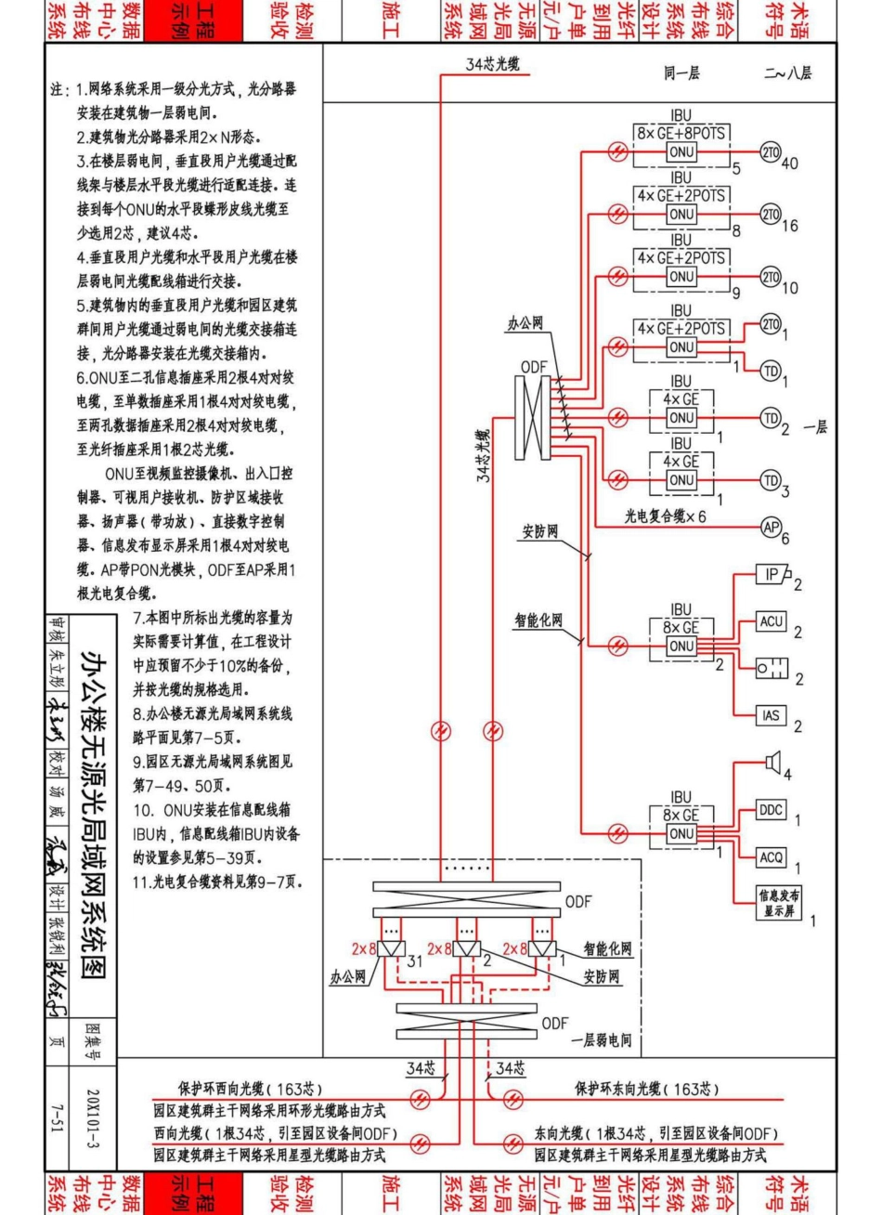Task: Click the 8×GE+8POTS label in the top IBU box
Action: tap(681, 134)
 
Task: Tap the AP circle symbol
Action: tap(770, 526)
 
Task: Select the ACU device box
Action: tap(772, 621)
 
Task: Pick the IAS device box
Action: tap(772, 715)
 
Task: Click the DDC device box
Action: tap(772, 810)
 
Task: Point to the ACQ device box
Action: tap(772, 857)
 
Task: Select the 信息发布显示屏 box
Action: tap(778, 903)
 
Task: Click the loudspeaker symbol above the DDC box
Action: tap(772, 763)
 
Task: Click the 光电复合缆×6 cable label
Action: tap(665, 516)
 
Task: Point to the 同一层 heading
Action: tap(681, 75)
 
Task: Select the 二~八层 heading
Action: tap(788, 75)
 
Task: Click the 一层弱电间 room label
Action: tap(601, 1040)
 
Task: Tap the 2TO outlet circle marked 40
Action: tap(770, 152)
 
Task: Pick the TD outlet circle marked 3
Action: tap(770, 479)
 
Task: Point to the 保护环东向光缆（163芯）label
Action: tap(647, 1089)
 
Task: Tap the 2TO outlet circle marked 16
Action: tap(770, 215)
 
